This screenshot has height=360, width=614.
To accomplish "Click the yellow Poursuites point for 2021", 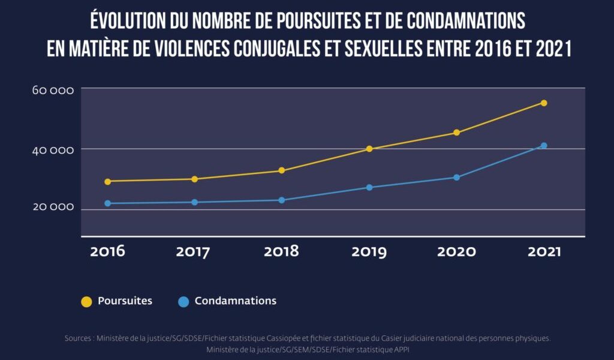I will [544, 103].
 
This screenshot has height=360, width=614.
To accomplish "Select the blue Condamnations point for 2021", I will [544, 146].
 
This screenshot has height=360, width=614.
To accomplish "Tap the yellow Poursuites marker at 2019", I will [369, 149].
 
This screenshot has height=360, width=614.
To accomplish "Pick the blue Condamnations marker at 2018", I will [282, 200].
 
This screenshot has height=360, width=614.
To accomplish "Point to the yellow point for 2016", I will [108, 181].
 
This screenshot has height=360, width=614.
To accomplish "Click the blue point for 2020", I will [456, 178].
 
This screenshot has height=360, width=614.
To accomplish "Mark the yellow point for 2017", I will [194, 179].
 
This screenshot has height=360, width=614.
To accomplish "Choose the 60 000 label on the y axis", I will [53, 91].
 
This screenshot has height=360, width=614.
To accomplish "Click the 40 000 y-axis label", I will [53, 149].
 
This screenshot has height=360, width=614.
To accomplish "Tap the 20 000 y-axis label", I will [53, 207].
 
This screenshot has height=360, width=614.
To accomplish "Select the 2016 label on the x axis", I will [108, 251].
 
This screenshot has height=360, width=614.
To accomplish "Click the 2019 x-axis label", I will [369, 251].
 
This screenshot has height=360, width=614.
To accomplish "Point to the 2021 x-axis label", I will [544, 251].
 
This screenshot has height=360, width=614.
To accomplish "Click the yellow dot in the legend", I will [87, 302].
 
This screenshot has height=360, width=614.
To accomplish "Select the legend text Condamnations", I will [236, 301].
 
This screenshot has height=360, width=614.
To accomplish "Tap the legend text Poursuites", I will [125, 301].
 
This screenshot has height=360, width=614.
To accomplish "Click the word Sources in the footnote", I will [78, 339].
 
